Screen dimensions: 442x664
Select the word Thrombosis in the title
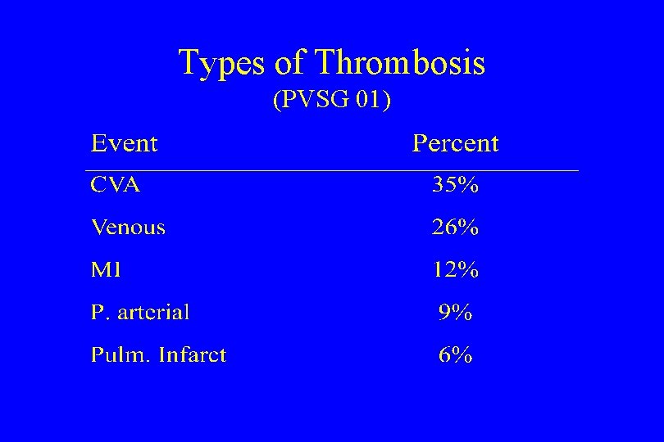pos(400,62)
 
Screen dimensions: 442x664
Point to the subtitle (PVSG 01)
pos(332,101)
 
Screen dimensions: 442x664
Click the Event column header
pos(124,143)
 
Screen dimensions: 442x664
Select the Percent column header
pos(455,143)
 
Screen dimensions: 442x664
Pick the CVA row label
pos(115,185)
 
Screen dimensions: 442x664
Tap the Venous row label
pos(128,228)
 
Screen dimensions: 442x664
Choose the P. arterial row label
pos(140,312)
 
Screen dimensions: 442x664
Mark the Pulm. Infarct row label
pos(158,354)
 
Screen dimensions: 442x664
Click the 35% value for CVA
pos(455,185)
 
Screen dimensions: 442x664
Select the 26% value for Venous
pos(455,228)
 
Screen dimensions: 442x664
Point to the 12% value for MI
pos(455,269)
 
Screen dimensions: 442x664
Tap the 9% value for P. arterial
pos(455,312)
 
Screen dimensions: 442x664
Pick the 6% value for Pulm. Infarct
pos(455,354)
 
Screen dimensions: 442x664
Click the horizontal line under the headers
pos(332,170)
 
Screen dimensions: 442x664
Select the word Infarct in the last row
pos(193,354)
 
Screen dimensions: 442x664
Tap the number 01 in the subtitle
pos(368,101)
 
